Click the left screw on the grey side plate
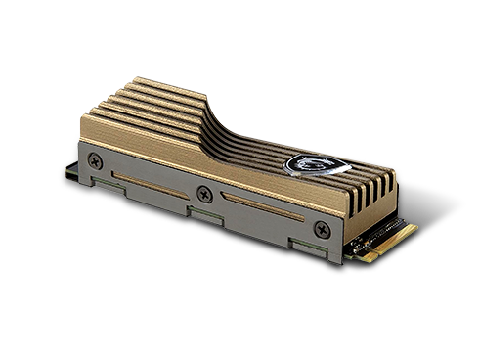(95, 157)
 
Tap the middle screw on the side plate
(203, 192)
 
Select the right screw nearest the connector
(321, 229)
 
